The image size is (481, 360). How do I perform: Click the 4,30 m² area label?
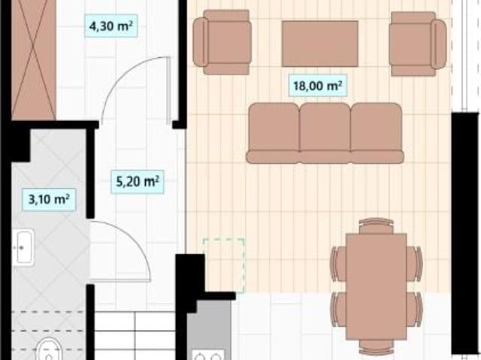[110, 26]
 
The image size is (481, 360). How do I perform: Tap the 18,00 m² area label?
[318, 85]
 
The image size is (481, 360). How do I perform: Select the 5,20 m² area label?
[138, 182]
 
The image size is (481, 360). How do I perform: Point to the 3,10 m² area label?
[49, 200]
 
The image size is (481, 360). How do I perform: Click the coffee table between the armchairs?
[320, 44]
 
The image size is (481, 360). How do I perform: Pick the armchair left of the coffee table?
[222, 42]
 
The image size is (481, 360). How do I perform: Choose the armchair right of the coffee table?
[418, 44]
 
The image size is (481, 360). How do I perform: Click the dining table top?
[376, 286]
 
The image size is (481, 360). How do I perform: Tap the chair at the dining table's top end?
[376, 225]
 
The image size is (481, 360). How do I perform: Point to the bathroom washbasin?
[23, 247]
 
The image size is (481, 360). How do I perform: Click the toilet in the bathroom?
[48, 349]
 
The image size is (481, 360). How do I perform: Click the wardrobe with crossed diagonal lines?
[34, 60]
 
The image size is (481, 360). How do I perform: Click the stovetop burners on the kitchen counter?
[208, 355]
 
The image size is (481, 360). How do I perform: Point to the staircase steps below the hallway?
[135, 335]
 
